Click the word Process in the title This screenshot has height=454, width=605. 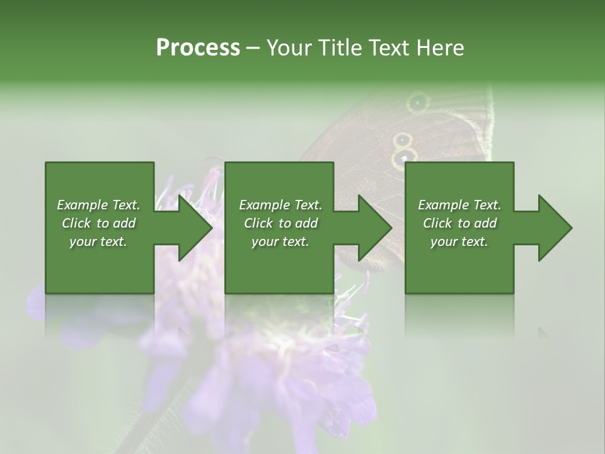(x=198, y=48)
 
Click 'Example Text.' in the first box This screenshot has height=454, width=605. (x=98, y=205)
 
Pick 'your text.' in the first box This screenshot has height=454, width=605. (x=98, y=242)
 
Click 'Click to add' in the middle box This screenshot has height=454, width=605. (x=280, y=223)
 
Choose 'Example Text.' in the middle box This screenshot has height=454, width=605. (x=280, y=205)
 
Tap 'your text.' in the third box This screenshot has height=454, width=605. (x=459, y=242)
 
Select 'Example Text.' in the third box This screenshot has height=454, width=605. (x=459, y=205)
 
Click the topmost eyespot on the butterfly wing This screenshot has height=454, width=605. (x=417, y=102)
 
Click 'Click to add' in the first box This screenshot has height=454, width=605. (x=98, y=223)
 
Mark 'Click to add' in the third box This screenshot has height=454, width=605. (x=459, y=223)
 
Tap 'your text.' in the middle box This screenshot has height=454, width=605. (x=280, y=242)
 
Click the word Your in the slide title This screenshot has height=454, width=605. (x=289, y=48)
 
